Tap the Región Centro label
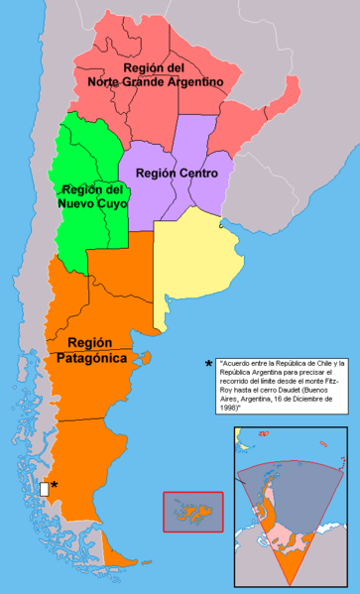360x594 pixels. click(x=172, y=173)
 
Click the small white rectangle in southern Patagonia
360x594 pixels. click(x=45, y=488)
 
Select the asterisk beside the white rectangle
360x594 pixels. click(x=55, y=485)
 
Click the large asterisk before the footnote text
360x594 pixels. click(x=208, y=364)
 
